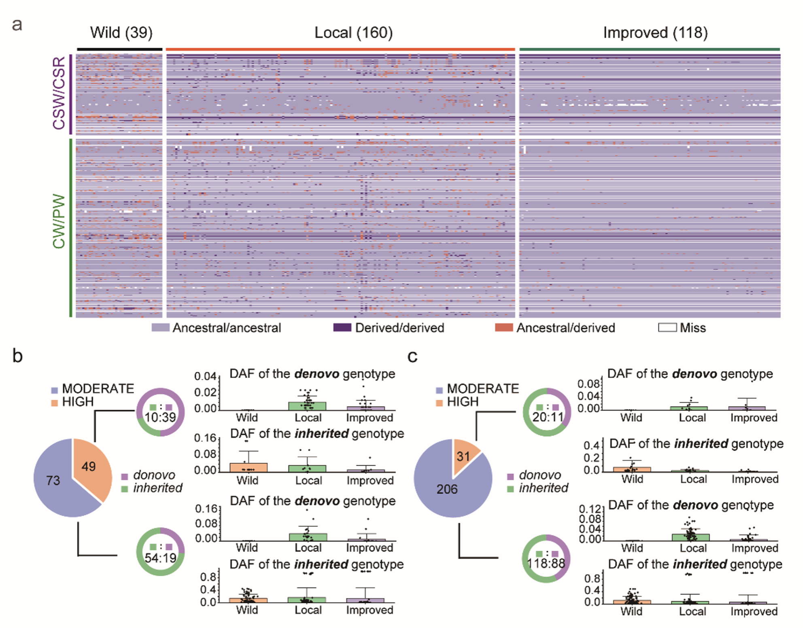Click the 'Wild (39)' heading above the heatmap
tap(121, 32)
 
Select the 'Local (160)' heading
tap(353, 32)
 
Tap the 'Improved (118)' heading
tap(655, 32)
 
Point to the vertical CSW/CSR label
tap(59, 93)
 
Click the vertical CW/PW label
tap(59, 221)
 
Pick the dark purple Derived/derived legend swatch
tap(342, 327)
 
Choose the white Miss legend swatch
tap(667, 327)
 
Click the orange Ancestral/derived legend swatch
tap(504, 327)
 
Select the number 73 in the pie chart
tap(53, 480)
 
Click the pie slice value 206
tap(447, 489)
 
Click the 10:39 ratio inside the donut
tap(160, 417)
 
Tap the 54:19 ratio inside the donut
tap(160, 558)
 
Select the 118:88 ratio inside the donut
tap(546, 563)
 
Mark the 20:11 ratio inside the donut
tap(548, 417)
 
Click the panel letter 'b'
tap(17, 356)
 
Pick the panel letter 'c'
tap(412, 356)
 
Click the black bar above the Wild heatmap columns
tap(119, 49)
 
